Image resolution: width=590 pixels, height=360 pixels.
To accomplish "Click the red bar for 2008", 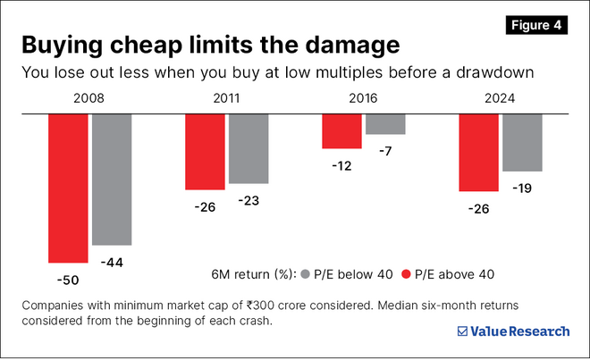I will [x=68, y=188].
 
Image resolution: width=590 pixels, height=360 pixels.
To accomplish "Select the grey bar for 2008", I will [x=112, y=179].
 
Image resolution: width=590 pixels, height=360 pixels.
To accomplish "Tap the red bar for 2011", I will [x=205, y=151].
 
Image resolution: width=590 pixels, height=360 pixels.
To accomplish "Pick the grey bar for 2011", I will [x=248, y=148].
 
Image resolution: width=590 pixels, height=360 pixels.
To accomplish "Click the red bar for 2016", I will [x=341, y=130].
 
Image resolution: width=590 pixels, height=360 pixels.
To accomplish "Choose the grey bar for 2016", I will [x=384, y=123].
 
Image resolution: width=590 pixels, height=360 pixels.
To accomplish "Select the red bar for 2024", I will [x=478, y=152].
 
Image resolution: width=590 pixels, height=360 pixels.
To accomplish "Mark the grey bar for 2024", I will [x=522, y=142].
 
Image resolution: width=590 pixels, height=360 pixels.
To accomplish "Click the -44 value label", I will [x=114, y=263].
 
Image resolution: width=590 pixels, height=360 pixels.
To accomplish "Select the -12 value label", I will [x=342, y=165].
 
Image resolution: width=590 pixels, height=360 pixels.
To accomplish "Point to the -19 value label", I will [x=522, y=188].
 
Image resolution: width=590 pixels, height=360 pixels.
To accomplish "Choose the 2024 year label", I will [x=500, y=99].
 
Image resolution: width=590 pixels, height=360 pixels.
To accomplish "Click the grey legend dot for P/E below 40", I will [x=306, y=274].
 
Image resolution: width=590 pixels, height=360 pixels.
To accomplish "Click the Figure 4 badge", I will [x=535, y=25].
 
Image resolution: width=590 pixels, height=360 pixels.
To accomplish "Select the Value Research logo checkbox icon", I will [x=462, y=331].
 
